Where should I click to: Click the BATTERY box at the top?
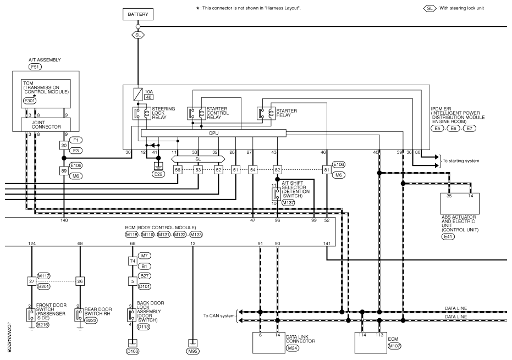coord(137,14)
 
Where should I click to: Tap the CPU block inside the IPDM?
coord(213,133)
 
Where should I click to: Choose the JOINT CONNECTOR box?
coord(46,124)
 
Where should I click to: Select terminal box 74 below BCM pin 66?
coord(132,261)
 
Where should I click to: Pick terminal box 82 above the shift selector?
coord(277,170)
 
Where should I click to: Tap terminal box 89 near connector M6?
coord(64,170)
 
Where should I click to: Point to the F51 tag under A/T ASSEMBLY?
coord(35,67)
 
